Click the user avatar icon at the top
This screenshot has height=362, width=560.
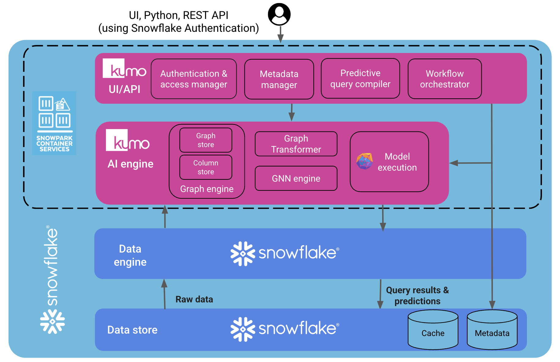tap(279, 14)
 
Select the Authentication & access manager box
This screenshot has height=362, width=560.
tap(194, 79)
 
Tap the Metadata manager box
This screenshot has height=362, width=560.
tap(279, 79)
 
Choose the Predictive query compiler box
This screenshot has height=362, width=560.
tap(360, 79)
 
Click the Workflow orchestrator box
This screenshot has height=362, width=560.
tap(444, 79)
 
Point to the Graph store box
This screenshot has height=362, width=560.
tap(206, 140)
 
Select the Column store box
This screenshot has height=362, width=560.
tap(206, 167)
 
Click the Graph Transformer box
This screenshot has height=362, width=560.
tap(296, 144)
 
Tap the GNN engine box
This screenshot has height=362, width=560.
tap(296, 178)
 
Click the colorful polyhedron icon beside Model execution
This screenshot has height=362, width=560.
tap(364, 161)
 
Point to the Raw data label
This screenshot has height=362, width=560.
tap(194, 299)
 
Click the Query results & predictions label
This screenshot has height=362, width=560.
tap(417, 295)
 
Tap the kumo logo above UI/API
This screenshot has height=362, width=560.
tap(124, 69)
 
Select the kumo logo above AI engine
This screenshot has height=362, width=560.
tap(128, 140)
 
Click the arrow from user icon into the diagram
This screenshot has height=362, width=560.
tap(280, 34)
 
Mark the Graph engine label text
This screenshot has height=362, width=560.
tap(207, 189)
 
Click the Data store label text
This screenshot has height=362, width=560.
tap(132, 330)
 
